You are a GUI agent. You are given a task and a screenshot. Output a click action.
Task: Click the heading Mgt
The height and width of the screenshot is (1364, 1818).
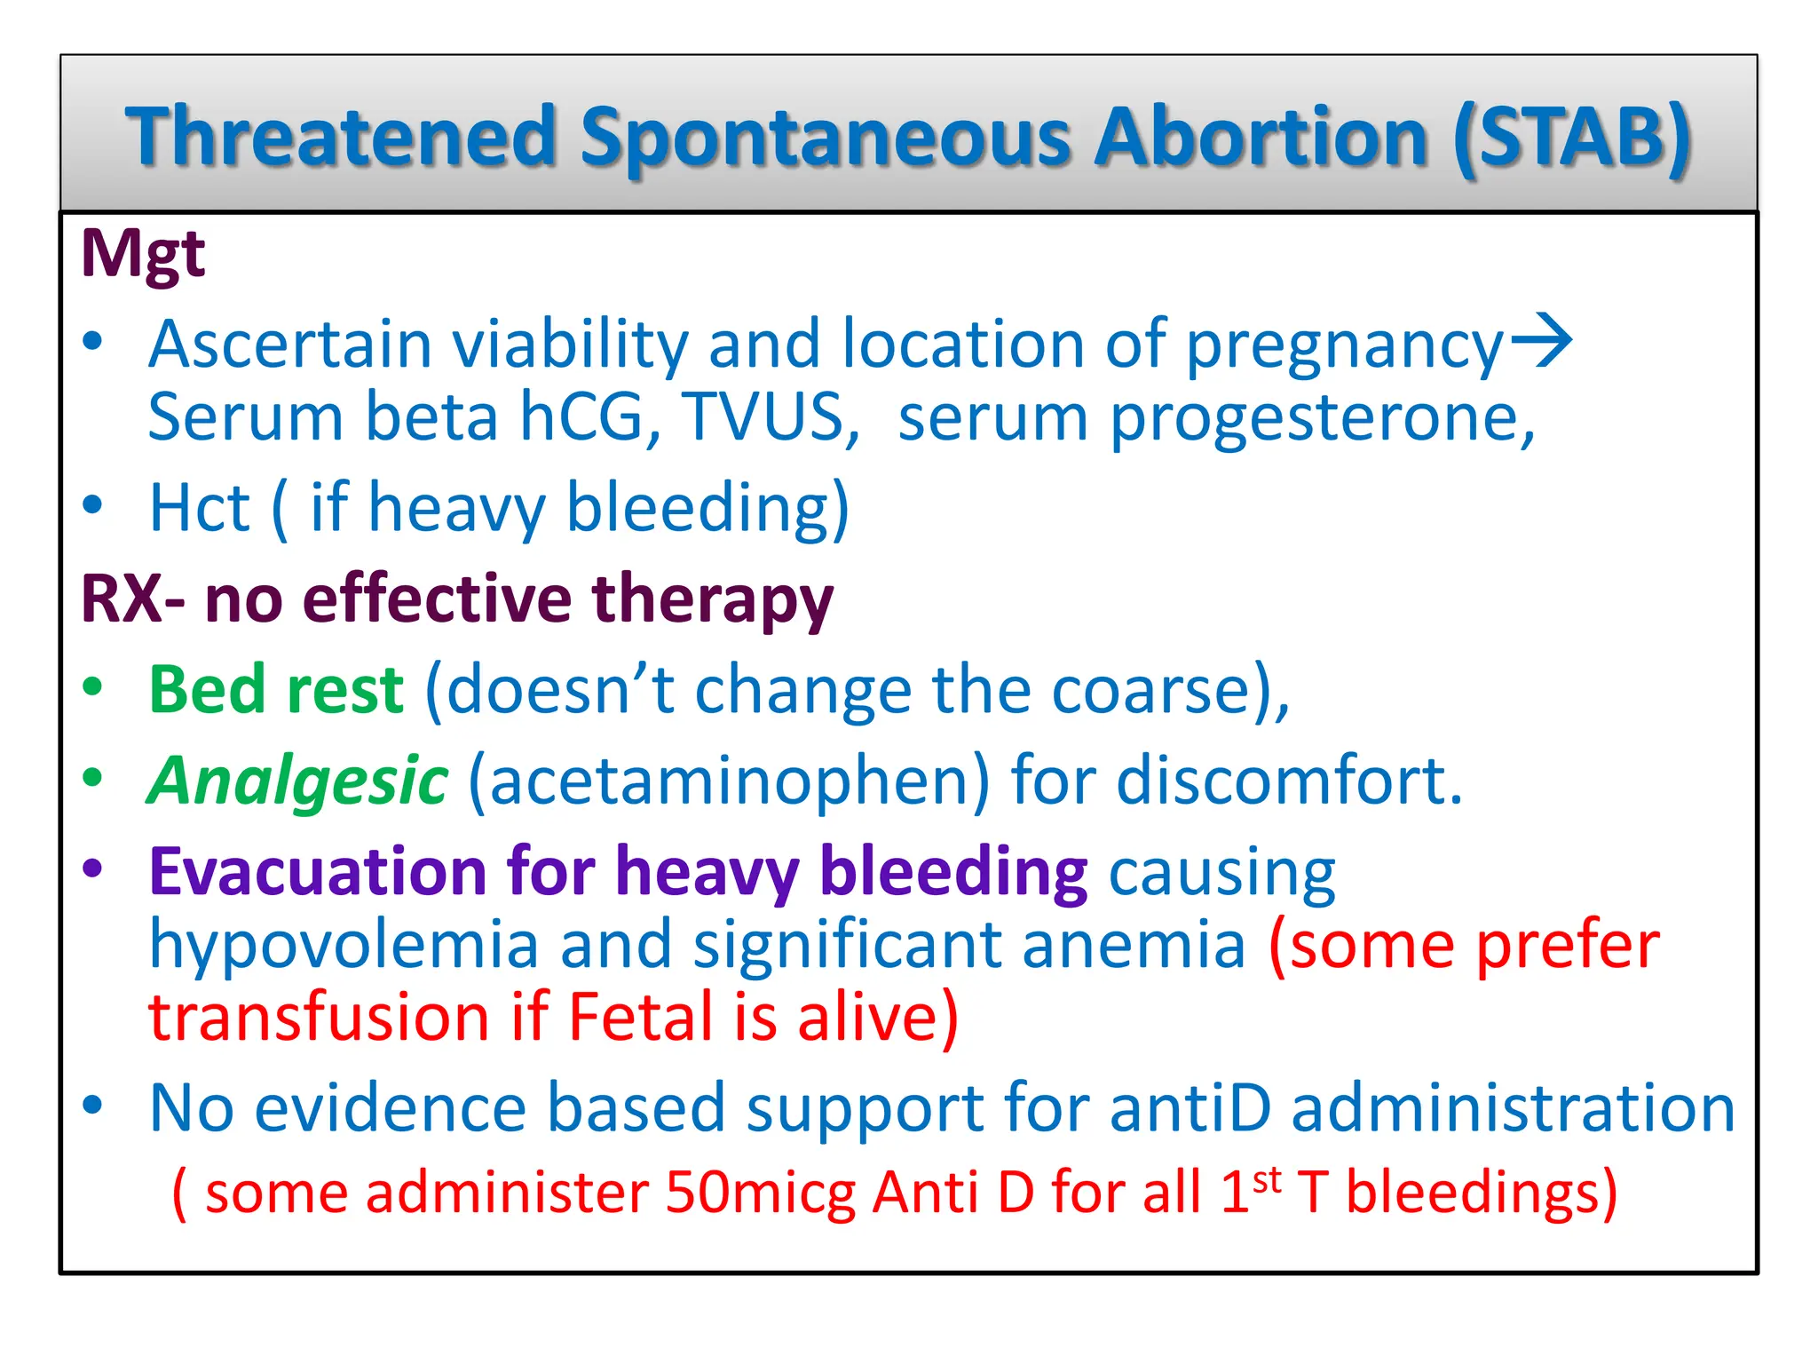(x=143, y=255)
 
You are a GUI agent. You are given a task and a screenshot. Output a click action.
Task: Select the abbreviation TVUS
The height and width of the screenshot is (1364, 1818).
(x=764, y=417)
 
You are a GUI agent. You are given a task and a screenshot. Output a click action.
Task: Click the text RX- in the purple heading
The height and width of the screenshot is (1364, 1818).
(x=133, y=599)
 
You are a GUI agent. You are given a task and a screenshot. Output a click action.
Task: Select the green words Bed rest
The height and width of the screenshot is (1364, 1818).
(x=276, y=689)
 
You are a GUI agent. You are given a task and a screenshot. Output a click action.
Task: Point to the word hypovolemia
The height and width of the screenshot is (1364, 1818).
(x=344, y=945)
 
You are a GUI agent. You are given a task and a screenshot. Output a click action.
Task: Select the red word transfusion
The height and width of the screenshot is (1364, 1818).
(x=319, y=1018)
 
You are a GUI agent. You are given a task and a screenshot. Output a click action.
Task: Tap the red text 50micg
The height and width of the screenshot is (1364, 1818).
(x=760, y=1193)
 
